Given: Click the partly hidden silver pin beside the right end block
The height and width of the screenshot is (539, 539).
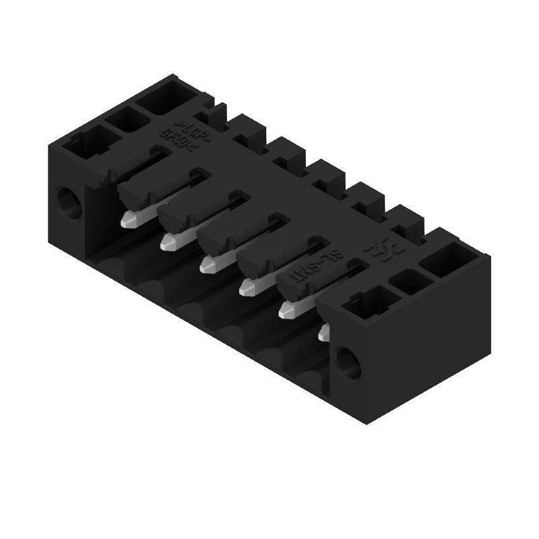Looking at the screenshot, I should pos(325,331).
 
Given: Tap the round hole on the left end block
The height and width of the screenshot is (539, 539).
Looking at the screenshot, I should pos(68,203).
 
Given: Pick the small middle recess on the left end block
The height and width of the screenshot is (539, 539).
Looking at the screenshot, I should pos(128,121).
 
